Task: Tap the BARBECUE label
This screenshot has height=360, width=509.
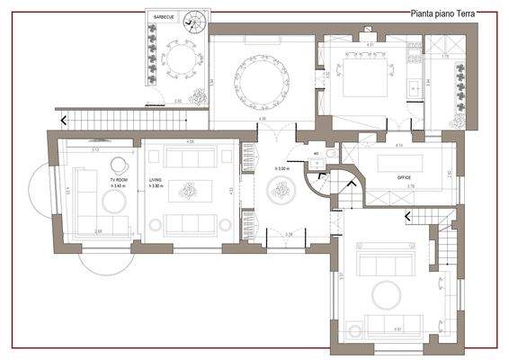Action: coord(164,17)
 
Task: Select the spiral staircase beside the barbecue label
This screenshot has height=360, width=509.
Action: coord(192,22)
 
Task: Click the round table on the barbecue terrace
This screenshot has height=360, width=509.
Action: coord(179,58)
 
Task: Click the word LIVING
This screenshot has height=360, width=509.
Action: coord(154,181)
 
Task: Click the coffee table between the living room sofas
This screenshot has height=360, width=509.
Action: coord(189,191)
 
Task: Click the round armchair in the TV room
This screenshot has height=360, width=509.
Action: coord(118,166)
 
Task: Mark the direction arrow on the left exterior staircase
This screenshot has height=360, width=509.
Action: coord(63,119)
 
